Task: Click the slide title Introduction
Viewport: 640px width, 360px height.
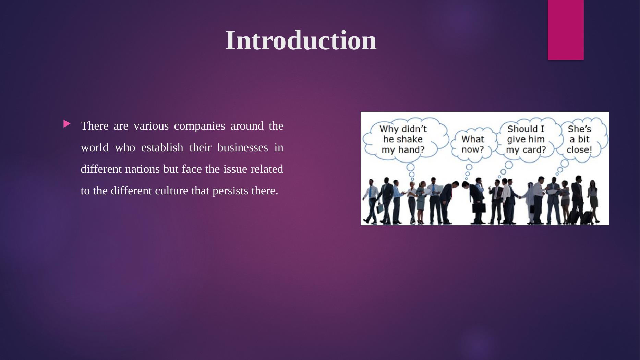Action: click(x=301, y=40)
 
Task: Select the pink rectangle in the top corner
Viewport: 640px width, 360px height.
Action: click(x=566, y=30)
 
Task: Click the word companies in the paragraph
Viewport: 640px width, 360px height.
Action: click(x=200, y=126)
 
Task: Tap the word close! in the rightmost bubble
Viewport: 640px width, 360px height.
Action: click(x=579, y=150)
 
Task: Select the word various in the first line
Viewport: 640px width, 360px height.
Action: click(x=151, y=126)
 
